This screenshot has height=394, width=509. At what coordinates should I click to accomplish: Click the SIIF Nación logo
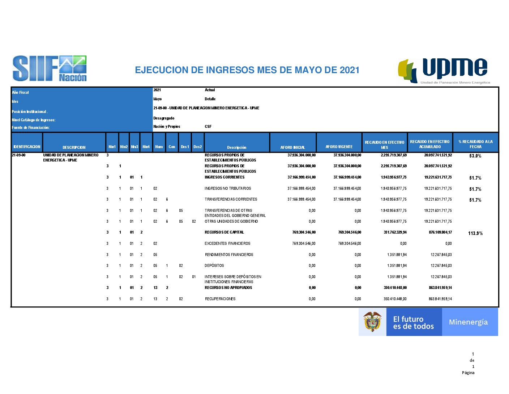(50, 68)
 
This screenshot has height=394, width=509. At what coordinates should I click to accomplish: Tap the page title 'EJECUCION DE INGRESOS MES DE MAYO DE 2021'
(247, 70)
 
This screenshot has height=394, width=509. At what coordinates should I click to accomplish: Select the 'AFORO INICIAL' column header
(292, 147)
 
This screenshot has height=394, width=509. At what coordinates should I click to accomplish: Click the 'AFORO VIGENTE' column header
(339, 147)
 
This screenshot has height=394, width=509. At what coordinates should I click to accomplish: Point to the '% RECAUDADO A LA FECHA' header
(475, 144)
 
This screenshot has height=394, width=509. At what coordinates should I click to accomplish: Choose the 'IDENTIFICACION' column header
(27, 147)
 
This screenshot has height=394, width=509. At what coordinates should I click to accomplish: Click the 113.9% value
(475, 233)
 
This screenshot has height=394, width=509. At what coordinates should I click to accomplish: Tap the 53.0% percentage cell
(475, 156)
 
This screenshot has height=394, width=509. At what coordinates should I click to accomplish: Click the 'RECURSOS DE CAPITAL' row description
(224, 232)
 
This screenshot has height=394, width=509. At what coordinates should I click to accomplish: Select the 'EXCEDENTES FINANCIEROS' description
(227, 243)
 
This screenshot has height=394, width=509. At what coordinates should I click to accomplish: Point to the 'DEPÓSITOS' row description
(214, 265)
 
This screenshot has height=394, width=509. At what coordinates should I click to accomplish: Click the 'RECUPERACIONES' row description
(220, 299)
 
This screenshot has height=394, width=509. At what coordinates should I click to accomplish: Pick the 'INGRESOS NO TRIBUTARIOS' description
(228, 188)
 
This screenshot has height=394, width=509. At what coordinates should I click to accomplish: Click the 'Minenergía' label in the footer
(468, 322)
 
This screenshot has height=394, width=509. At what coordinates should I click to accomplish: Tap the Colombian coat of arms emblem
(372, 322)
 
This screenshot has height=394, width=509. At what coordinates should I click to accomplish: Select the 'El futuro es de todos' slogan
(413, 323)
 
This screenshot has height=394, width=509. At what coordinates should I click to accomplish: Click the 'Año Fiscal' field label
(20, 92)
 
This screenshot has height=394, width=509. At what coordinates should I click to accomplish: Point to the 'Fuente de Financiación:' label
(30, 127)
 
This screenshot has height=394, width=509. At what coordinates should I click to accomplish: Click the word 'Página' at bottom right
(468, 373)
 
